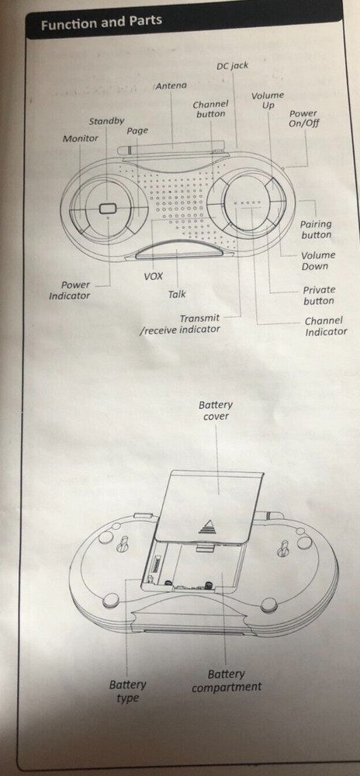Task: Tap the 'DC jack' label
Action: coord(233,65)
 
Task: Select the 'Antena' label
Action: coord(171,85)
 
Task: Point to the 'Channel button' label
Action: coord(211,109)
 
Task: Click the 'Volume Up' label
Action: coord(268,100)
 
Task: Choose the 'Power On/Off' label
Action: coord(303,118)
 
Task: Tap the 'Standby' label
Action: coord(106,121)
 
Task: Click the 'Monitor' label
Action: coord(80,139)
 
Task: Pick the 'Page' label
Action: coord(137,130)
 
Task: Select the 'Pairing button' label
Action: coord(316,230)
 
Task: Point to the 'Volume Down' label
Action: coord(318,261)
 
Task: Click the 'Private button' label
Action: coord(319,296)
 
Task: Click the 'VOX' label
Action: coord(153,276)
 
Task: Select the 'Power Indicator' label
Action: coord(70,290)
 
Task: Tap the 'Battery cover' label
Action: coord(216,411)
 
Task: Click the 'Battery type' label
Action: coord(127,691)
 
